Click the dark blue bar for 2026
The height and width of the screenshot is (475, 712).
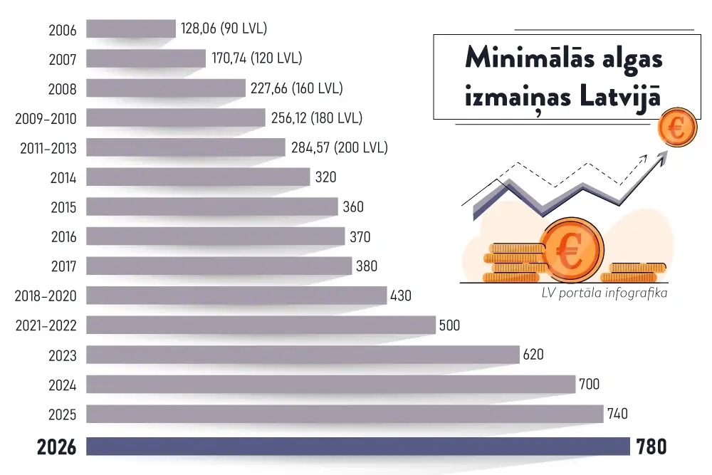click(x=358, y=447)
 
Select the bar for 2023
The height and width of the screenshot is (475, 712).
click(x=303, y=354)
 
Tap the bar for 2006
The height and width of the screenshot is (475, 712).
click(x=131, y=28)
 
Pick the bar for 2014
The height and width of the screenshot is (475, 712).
click(x=198, y=177)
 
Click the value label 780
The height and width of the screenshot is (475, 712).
click(x=652, y=447)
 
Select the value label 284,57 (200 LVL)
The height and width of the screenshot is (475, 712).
click(x=340, y=147)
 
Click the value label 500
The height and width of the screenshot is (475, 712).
click(x=449, y=325)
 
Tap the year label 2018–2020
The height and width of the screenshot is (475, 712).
click(x=46, y=296)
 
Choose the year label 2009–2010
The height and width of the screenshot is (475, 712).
click(x=46, y=118)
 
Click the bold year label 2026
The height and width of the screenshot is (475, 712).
click(x=56, y=447)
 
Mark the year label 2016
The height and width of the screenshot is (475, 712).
click(x=63, y=236)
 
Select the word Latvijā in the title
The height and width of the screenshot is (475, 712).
click(x=619, y=98)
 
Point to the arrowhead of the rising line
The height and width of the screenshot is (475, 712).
click(x=664, y=159)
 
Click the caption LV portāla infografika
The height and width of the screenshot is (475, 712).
click(x=603, y=293)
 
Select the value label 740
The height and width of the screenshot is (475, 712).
click(x=617, y=414)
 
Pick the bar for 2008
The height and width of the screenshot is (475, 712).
click(x=166, y=88)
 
